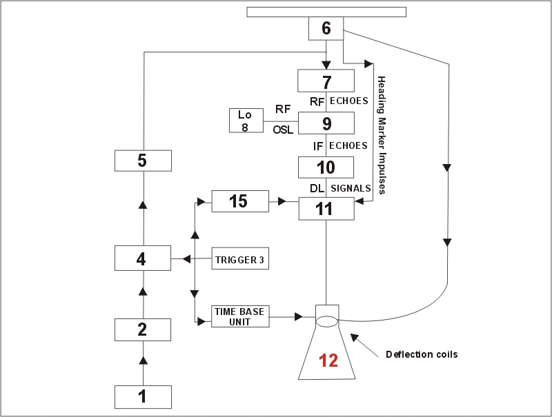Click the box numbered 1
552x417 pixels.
click(x=142, y=397)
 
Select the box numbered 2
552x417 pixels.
click(x=142, y=329)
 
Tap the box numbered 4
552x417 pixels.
click(x=142, y=259)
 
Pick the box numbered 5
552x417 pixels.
click(x=142, y=161)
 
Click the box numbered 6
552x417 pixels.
click(x=326, y=29)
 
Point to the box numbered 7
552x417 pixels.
click(x=326, y=81)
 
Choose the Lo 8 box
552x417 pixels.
click(x=245, y=121)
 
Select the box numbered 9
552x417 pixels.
click(x=326, y=123)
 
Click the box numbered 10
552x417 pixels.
click(x=326, y=167)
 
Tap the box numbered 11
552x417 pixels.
click(x=326, y=208)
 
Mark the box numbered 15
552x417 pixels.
click(x=239, y=201)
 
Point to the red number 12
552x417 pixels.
click(x=328, y=360)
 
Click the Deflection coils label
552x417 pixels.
click(x=422, y=355)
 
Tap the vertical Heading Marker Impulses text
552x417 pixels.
click(x=382, y=134)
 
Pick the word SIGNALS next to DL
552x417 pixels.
click(x=351, y=188)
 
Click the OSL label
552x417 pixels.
click(x=283, y=129)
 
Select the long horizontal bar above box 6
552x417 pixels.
click(x=326, y=12)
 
